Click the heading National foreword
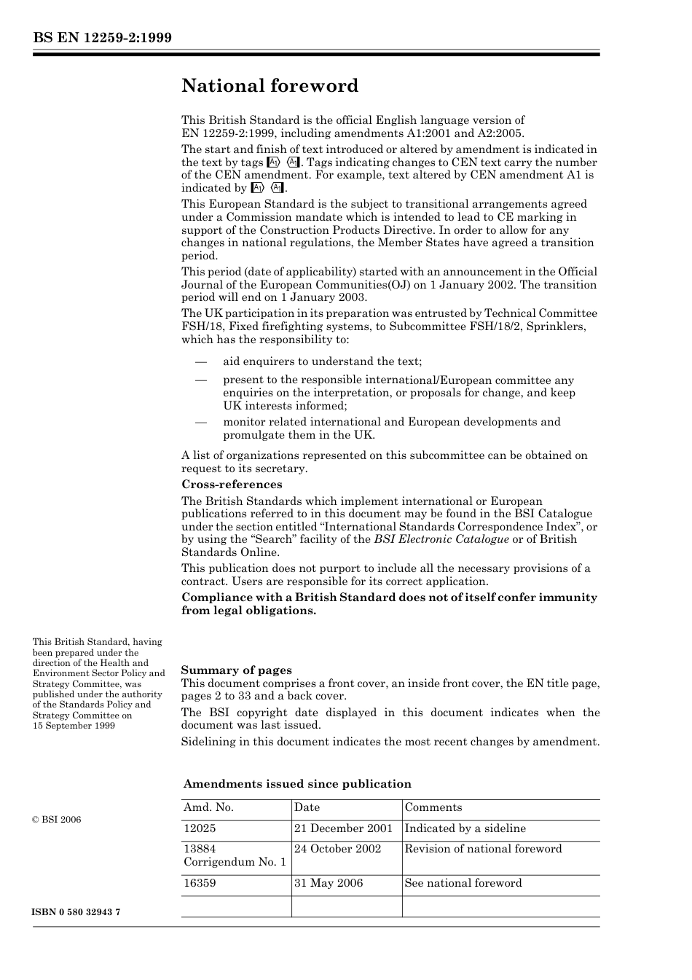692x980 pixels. coord(270,86)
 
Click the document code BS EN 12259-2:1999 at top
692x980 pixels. coord(102,38)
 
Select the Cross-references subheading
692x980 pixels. coord(232,485)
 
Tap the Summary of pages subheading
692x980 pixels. coord(236,670)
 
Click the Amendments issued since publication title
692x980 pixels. coord(297,784)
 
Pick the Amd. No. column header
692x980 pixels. coord(208,807)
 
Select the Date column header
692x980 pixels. coord(307,807)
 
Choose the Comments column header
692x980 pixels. coord(433,807)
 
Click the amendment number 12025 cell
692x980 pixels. coord(200,828)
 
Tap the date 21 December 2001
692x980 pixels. coord(343,828)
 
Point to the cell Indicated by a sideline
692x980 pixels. coord(465,828)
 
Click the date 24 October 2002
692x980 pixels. coord(337,849)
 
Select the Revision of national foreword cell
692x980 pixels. coord(483,849)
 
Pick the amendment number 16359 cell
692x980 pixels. coord(200,883)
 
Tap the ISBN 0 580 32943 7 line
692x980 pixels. coord(76,912)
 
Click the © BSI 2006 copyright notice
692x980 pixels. coord(57,820)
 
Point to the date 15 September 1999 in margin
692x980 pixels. coord(74,726)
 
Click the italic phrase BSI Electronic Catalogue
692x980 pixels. coord(441,539)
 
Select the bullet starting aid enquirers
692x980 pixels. coord(322,361)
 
